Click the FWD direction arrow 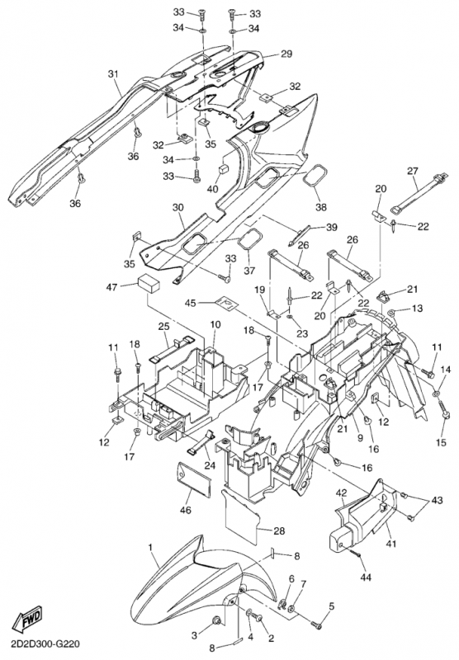click(28, 620)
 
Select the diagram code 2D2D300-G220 click(40, 644)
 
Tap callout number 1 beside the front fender click(150, 547)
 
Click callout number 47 click(112, 287)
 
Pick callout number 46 click(185, 510)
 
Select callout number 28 click(279, 531)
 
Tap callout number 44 click(366, 577)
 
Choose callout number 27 click(413, 171)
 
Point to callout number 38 click(321, 207)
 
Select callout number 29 click(286, 54)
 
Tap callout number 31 click(113, 74)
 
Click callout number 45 click(191, 303)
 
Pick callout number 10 click(215, 324)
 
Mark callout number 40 click(213, 189)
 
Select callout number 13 click(417, 309)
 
